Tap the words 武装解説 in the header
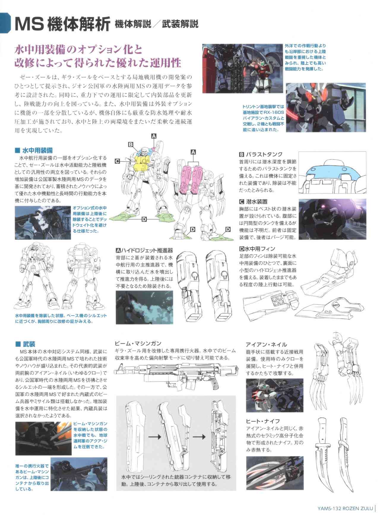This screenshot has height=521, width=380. (x=180, y=24)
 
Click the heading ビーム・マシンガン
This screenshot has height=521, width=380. (x=138, y=344)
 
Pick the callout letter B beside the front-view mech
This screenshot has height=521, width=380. (x=130, y=144)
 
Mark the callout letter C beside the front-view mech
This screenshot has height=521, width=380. (x=117, y=161)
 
